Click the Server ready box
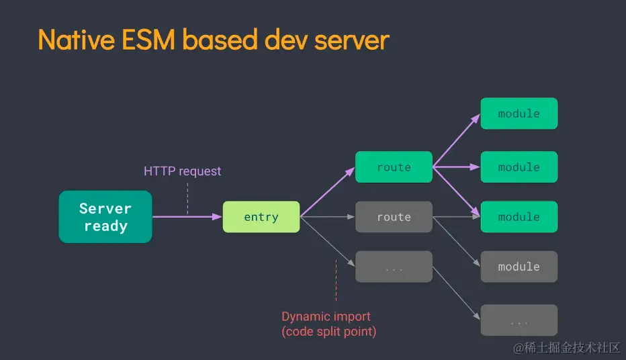tap(105, 217)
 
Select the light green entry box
tap(261, 217)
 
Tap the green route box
tap(394, 167)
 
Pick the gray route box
tap(394, 217)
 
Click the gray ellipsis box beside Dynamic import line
tap(394, 267)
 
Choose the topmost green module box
tap(519, 114)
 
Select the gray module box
tap(519, 267)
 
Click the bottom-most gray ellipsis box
tap(519, 320)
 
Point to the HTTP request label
tap(182, 171)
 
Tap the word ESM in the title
tap(148, 40)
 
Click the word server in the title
tap(352, 41)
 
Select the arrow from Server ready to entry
tap(187, 217)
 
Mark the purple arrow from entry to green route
tap(327, 192)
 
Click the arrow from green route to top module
tap(456, 140)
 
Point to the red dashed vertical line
tap(336, 280)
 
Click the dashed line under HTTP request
tap(187, 198)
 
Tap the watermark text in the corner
tap(567, 348)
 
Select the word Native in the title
tap(77, 40)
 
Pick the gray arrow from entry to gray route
tap(327, 217)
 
